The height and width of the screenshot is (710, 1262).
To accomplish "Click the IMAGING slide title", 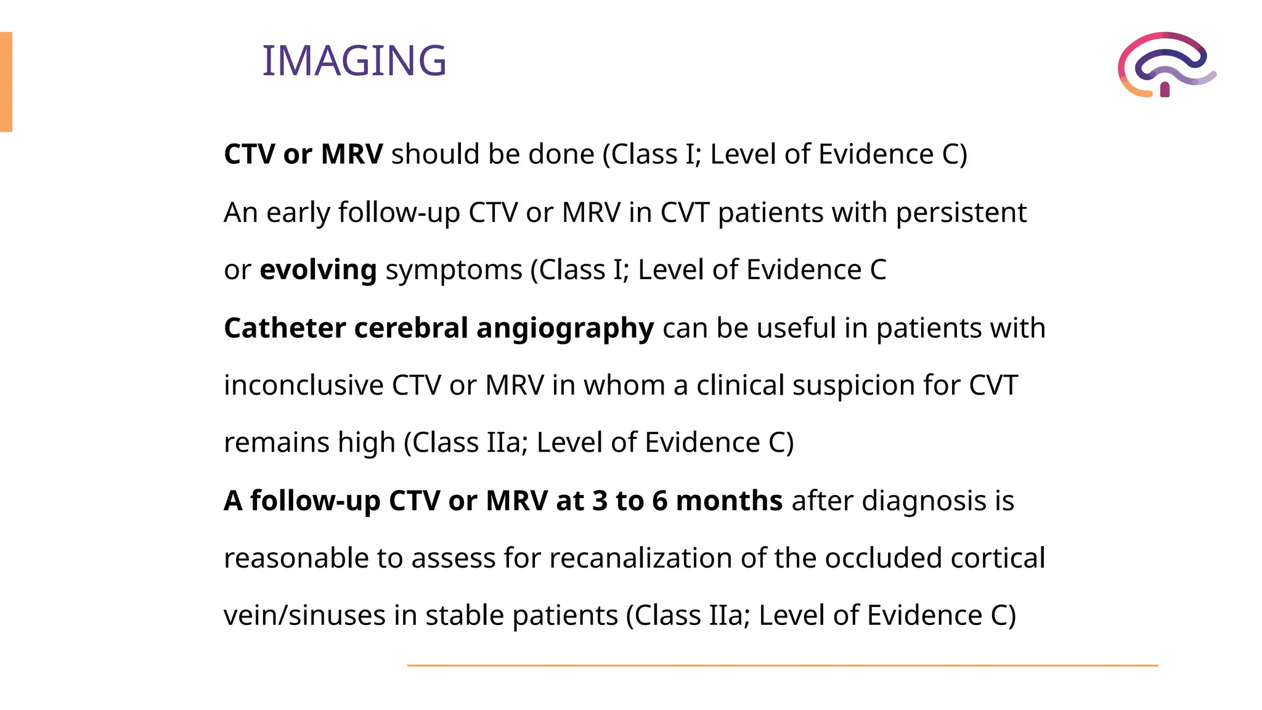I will [x=354, y=61].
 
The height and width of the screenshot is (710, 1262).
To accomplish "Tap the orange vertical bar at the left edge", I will [x=6, y=82].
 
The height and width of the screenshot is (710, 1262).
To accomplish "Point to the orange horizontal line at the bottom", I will [x=782, y=666].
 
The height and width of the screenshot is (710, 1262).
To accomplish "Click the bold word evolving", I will [x=318, y=270].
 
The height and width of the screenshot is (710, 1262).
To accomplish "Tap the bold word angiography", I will [x=564, y=328].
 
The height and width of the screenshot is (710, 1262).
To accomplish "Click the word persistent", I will [x=961, y=213].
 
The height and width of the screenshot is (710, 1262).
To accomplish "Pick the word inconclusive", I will [x=304, y=385].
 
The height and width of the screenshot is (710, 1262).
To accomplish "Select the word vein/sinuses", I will [x=304, y=616].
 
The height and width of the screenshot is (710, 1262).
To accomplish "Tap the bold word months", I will [x=729, y=500].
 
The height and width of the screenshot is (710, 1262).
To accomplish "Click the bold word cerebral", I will [x=410, y=328].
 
